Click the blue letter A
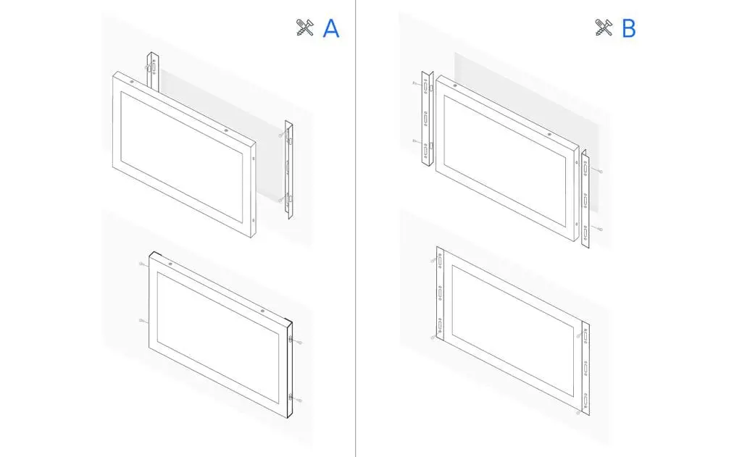pyautogui.click(x=330, y=28)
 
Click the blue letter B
pyautogui.click(x=629, y=28)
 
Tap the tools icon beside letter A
pyautogui.click(x=305, y=28)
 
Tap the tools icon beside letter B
pyautogui.click(x=604, y=28)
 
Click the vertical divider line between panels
pyautogui.click(x=355, y=229)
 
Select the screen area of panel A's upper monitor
pyautogui.click(x=182, y=157)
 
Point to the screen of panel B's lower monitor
pyautogui.click(x=513, y=331)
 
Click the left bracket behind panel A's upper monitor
pyautogui.click(x=152, y=71)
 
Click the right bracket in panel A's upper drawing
pyautogui.click(x=288, y=170)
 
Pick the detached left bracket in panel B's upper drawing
pyautogui.click(x=428, y=119)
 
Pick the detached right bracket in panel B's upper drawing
pyautogui.click(x=585, y=199)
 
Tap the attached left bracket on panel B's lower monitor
pyautogui.click(x=440, y=293)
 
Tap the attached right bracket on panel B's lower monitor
pyautogui.click(x=585, y=369)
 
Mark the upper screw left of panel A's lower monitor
pyautogui.click(x=142, y=264)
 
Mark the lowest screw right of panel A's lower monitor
pyautogui.click(x=298, y=401)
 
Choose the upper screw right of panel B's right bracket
pyautogui.click(x=599, y=171)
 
